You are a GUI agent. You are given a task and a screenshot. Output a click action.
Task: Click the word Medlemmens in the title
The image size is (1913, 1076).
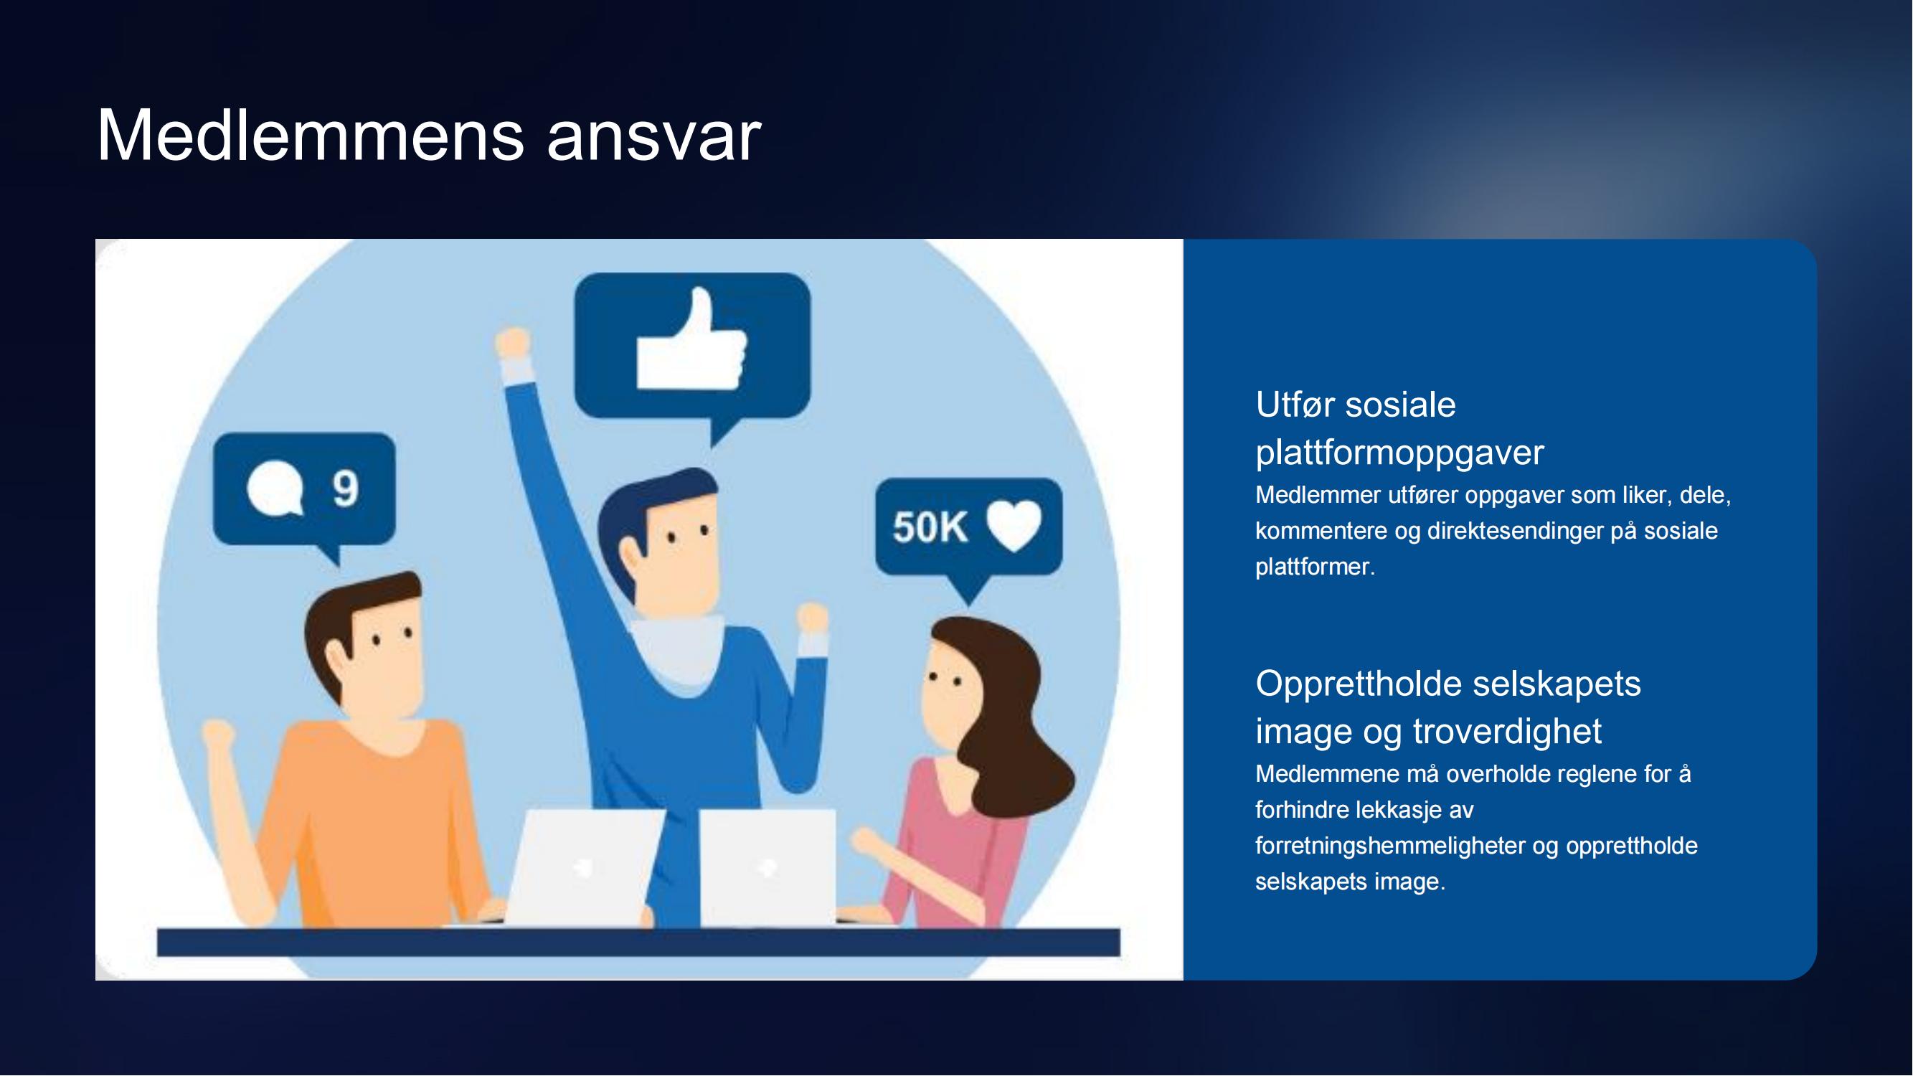click(311, 135)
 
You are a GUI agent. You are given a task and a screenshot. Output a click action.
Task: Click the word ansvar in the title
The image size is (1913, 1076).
click(654, 139)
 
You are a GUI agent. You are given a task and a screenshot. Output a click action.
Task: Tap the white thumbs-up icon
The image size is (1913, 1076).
click(691, 340)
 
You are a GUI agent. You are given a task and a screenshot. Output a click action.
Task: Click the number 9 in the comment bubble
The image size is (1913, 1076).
click(345, 489)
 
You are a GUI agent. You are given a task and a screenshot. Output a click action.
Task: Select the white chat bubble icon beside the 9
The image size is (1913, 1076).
click(275, 489)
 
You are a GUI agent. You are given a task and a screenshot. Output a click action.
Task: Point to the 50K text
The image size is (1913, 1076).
click(930, 527)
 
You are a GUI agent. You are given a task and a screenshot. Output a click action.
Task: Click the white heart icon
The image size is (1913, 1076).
click(1014, 525)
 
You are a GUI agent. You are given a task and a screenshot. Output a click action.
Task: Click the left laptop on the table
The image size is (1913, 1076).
click(584, 867)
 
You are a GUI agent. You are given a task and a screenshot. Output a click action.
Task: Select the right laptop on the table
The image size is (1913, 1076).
click(768, 867)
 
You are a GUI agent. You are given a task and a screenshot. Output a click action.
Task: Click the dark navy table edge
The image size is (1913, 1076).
click(638, 943)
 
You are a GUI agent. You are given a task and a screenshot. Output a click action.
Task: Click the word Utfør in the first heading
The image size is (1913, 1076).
click(1295, 405)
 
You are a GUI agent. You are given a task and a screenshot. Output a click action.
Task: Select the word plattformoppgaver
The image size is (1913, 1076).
click(1400, 453)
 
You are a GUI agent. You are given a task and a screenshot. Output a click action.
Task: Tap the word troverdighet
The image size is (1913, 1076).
click(1507, 731)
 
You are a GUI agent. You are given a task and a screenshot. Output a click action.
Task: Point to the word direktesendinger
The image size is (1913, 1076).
click(1515, 531)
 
